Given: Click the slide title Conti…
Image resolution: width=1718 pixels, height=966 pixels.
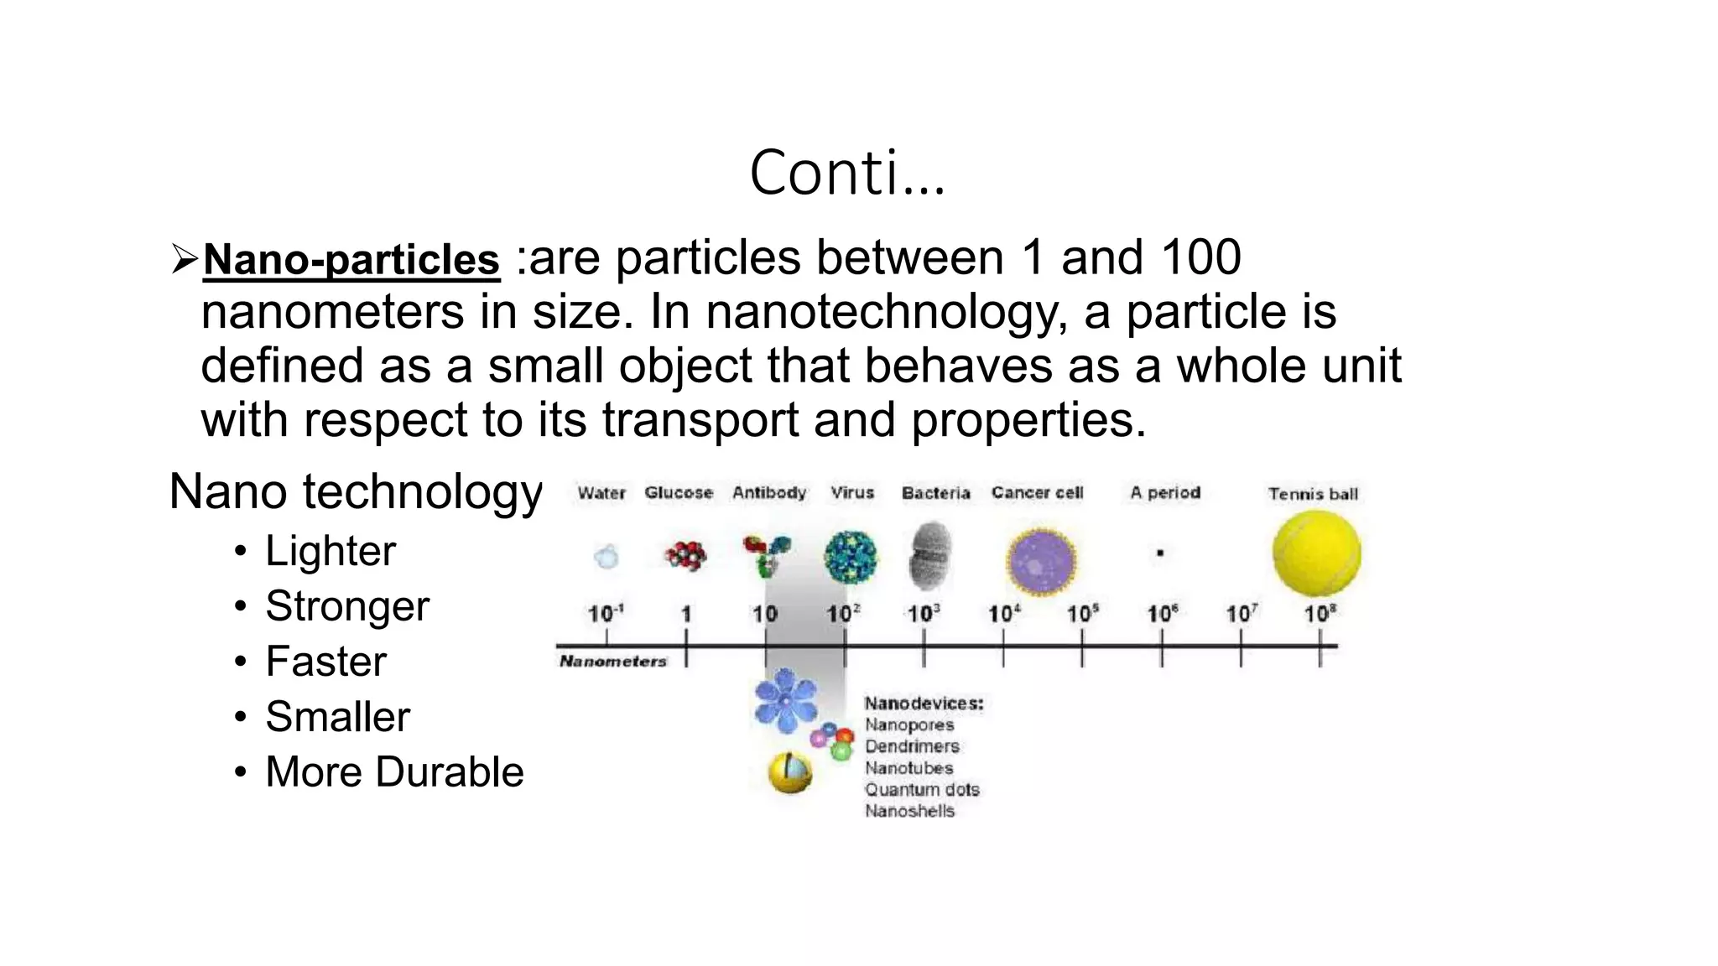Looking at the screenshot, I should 847,173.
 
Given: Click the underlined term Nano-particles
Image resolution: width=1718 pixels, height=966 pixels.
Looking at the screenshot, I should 351,259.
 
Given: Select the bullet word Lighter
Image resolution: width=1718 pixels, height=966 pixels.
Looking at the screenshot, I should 331,551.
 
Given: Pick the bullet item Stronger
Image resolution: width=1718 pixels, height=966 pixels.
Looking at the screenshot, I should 347,606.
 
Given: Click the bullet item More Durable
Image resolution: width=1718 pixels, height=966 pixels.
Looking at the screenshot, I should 394,772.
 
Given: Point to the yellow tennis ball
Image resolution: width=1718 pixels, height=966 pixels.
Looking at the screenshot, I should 1316,553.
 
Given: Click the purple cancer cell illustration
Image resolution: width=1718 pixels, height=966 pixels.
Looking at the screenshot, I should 1041,560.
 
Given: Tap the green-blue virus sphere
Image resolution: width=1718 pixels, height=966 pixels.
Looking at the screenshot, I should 851,556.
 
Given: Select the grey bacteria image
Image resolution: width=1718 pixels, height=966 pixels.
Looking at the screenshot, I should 930,554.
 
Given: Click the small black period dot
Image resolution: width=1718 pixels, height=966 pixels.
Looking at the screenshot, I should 1160,553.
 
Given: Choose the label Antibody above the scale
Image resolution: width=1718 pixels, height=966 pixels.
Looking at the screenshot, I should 769,492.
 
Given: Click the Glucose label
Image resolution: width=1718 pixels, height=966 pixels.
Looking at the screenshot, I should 679,492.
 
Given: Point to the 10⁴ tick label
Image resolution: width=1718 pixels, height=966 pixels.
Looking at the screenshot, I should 1004,614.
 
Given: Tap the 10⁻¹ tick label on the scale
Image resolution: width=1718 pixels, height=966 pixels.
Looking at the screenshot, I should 606,614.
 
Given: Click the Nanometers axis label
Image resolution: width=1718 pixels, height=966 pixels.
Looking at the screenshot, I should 613,662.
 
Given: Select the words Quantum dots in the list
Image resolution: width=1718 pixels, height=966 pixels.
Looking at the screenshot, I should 922,790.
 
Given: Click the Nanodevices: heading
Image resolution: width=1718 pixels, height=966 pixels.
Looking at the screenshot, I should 924,704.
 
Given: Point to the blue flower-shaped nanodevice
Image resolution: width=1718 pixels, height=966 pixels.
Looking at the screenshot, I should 785,699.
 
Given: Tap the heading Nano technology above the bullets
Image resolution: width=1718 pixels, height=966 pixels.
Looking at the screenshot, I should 356,491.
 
